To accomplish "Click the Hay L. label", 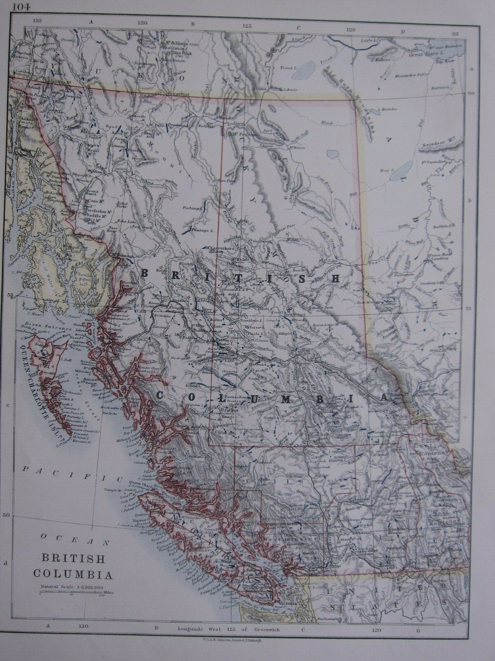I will [384, 170].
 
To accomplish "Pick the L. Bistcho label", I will [386, 109].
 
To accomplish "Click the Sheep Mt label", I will [152, 133].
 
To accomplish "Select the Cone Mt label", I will [94, 201].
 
